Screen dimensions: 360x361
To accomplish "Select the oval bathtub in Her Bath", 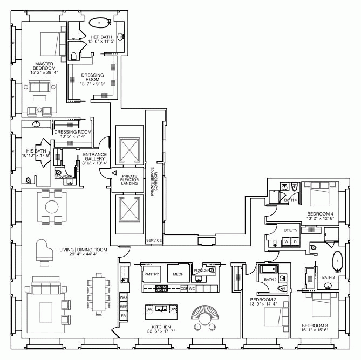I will coord(99,23).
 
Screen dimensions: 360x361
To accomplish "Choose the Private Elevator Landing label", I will coord(130,179).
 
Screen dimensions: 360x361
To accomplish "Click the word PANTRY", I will coord(152,274).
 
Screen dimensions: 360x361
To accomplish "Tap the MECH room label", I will coord(178,274).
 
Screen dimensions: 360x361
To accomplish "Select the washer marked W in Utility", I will coord(287,242).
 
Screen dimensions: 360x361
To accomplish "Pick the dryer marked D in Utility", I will coord(295,242).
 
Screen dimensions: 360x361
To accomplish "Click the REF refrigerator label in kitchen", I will coord(123,306).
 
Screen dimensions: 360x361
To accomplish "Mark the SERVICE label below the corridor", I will coord(154,240).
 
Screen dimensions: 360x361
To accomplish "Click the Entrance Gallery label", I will coord(95,158).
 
